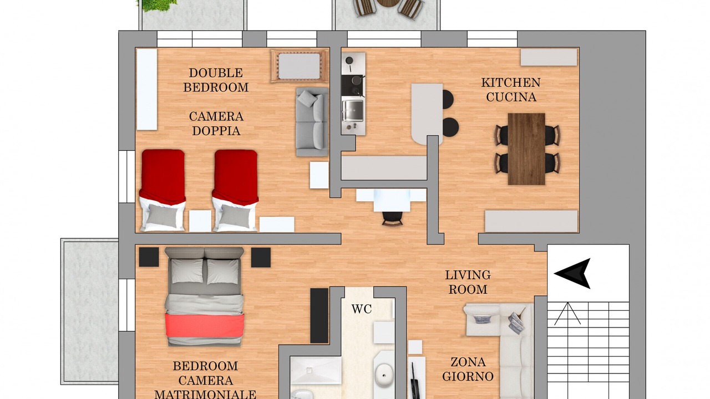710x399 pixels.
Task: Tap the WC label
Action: pyautogui.click(x=362, y=309)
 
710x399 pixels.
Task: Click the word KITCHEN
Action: pyautogui.click(x=511, y=83)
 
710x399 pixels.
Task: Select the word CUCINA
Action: pyautogui.click(x=511, y=97)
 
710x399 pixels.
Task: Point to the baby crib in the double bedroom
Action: pyautogui.click(x=300, y=66)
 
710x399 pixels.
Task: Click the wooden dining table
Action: pyautogui.click(x=526, y=149)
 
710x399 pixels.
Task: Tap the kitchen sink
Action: pyautogui.click(x=352, y=110)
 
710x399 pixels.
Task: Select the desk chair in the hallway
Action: pyautogui.click(x=392, y=218)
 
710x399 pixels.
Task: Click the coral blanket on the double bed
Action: pyautogui.click(x=205, y=325)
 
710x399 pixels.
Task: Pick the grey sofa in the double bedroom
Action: pyautogui.click(x=312, y=122)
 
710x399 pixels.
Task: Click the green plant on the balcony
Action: pyautogui.click(x=157, y=5)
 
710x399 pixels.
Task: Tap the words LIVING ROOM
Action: pyautogui.click(x=468, y=282)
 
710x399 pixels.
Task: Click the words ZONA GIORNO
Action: pyautogui.click(x=468, y=369)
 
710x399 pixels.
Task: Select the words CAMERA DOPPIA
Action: pyautogui.click(x=216, y=124)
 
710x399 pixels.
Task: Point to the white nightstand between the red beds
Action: pyautogui.click(x=200, y=221)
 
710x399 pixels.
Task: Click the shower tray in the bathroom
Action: pyautogui.click(x=316, y=370)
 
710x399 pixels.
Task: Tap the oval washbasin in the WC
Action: pyautogui.click(x=384, y=376)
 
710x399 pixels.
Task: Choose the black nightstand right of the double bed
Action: pyautogui.click(x=261, y=258)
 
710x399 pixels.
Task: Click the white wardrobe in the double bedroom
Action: pyautogui.click(x=147, y=89)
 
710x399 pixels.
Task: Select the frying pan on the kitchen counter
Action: pyautogui.click(x=349, y=62)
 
